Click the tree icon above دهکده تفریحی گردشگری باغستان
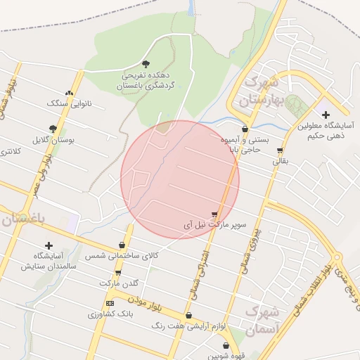146,64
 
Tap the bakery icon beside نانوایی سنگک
69,93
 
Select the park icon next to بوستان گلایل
53,129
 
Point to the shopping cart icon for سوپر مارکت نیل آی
214,214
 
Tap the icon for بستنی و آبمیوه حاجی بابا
245,129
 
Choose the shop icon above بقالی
281,150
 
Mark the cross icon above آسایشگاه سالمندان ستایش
49,245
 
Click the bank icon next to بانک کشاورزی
109,303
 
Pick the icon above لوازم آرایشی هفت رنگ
188,316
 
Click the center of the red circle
180,179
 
